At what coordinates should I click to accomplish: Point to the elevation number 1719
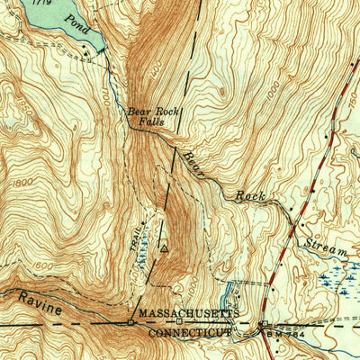tap(39, 4)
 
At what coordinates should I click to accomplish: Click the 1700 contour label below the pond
tap(104, 95)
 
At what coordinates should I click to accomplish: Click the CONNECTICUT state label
tap(189, 332)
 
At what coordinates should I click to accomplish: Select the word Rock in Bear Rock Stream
tap(251, 195)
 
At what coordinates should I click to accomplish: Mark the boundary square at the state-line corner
tap(130, 322)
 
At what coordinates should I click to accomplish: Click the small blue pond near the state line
tap(231, 292)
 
